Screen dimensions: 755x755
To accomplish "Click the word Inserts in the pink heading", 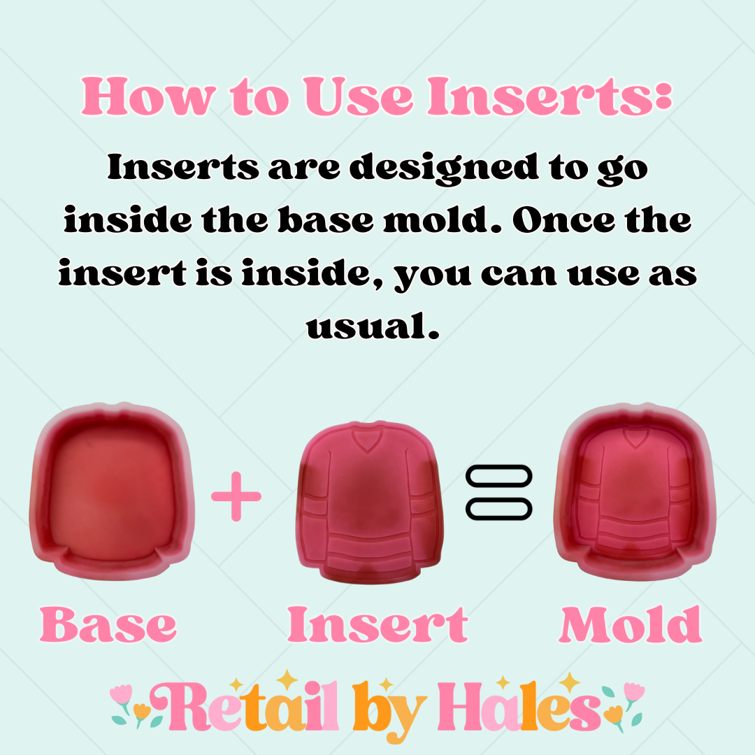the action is (549, 96).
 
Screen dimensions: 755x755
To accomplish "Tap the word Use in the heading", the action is (359, 96).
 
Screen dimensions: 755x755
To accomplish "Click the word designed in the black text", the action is (443, 169).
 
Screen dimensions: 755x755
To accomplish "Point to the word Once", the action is (563, 220).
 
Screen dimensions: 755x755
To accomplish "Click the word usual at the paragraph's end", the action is (372, 326).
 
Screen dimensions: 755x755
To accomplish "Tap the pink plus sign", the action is (236, 496).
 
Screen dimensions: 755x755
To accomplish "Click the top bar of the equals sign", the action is (499, 476).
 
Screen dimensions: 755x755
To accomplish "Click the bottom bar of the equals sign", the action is (499, 509).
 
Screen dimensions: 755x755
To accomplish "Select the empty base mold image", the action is (112, 491).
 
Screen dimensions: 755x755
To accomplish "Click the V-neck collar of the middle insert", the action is (368, 439).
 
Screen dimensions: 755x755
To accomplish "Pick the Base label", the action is (108, 624).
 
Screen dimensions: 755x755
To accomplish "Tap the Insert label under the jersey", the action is (377, 624).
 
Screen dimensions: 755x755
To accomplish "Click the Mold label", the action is (631, 624).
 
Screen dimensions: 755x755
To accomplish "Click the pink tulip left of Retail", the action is (120, 694).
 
